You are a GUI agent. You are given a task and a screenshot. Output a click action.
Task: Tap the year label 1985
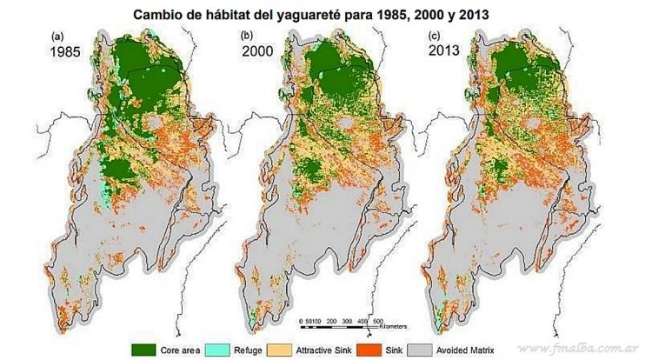(70, 51)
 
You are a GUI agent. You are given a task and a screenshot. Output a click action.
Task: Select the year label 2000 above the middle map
(258, 51)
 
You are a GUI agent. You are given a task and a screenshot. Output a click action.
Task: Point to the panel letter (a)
(59, 36)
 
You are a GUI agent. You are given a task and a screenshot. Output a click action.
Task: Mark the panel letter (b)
(247, 36)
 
